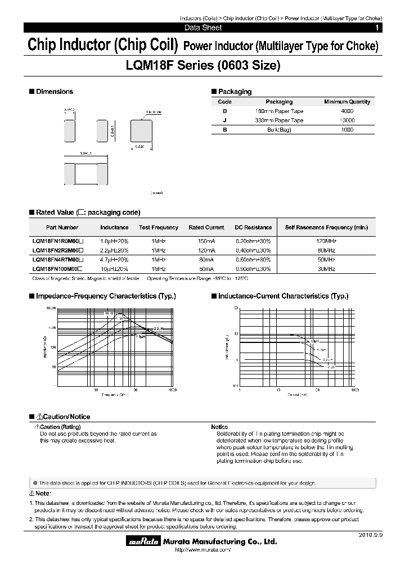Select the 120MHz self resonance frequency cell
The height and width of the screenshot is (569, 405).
[x=326, y=240]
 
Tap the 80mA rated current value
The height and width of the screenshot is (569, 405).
[x=206, y=260]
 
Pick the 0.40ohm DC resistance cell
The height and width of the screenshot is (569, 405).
[x=253, y=250]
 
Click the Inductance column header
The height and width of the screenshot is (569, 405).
[x=114, y=228]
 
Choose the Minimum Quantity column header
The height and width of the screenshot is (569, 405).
[x=347, y=102]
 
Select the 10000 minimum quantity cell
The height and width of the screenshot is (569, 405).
[x=347, y=120]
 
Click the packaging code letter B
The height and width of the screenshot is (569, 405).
[x=224, y=130]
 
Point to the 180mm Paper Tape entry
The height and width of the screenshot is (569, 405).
[x=279, y=111]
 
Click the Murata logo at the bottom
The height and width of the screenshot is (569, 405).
[x=138, y=541]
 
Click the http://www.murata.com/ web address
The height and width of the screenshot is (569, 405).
[x=200, y=549]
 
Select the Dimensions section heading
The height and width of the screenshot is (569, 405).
[x=54, y=92]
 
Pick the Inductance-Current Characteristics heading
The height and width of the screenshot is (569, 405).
[x=283, y=296]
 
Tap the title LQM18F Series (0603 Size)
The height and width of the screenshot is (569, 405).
[x=202, y=66]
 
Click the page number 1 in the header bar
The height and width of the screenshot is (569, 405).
[x=376, y=28]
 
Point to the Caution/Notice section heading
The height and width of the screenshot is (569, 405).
[x=62, y=417]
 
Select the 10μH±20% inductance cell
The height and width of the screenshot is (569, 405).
[x=114, y=269]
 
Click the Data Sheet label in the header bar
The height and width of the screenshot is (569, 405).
[x=203, y=28]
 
